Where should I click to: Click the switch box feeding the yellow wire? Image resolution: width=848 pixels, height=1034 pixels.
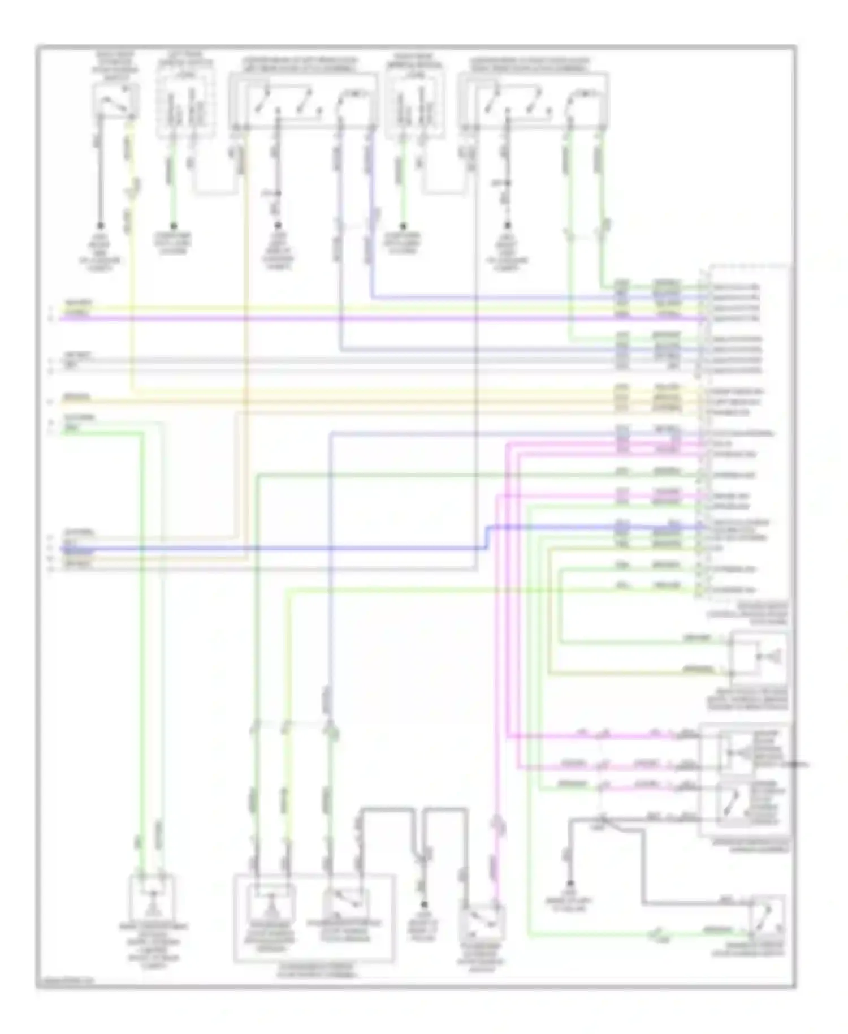115,102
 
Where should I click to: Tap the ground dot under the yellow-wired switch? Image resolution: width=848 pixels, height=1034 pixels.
101,225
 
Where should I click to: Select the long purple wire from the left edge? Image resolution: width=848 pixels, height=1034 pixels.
339,319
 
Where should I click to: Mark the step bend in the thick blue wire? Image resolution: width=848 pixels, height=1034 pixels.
487,537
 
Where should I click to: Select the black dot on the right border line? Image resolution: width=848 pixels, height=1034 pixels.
796,765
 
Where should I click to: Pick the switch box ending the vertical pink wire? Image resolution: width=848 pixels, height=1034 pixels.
482,922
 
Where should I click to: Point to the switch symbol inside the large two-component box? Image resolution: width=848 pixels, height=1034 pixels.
345,902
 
